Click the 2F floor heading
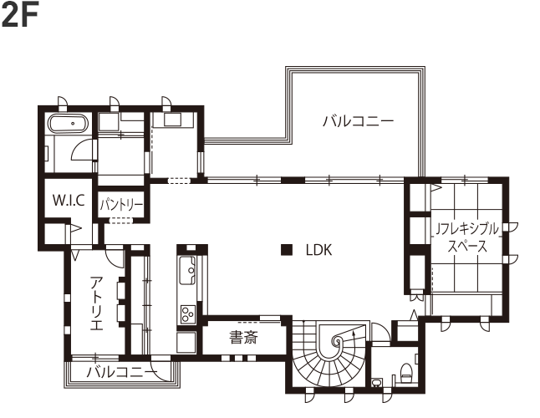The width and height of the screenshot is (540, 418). pyautogui.click(x=20, y=14)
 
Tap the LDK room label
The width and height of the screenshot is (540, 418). pyautogui.click(x=319, y=250)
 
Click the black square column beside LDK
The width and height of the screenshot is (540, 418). pyautogui.click(x=287, y=250)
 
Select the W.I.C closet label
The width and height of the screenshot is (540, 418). pyautogui.click(x=69, y=200)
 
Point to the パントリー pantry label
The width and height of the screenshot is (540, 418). pyautogui.click(x=121, y=205)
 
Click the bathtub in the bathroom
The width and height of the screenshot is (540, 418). pyautogui.click(x=69, y=123)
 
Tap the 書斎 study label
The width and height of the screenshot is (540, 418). pyautogui.click(x=243, y=338)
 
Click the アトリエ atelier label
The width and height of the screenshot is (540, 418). pyautogui.click(x=97, y=303)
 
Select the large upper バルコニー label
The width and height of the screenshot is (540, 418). pyautogui.click(x=358, y=121)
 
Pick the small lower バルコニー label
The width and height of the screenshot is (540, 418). pyautogui.click(x=122, y=372)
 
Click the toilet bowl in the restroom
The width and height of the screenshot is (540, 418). pyautogui.click(x=406, y=372)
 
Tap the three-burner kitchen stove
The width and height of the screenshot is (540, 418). pyautogui.click(x=188, y=314)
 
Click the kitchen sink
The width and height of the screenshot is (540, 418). pyautogui.click(x=187, y=270)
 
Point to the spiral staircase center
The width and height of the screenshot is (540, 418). pyautogui.click(x=337, y=341)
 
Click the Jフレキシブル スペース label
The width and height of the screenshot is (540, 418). pyautogui.click(x=467, y=237)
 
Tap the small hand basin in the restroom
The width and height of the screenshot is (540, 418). pyautogui.click(x=377, y=383)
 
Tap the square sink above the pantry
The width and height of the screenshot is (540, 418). pyautogui.click(x=171, y=120)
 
